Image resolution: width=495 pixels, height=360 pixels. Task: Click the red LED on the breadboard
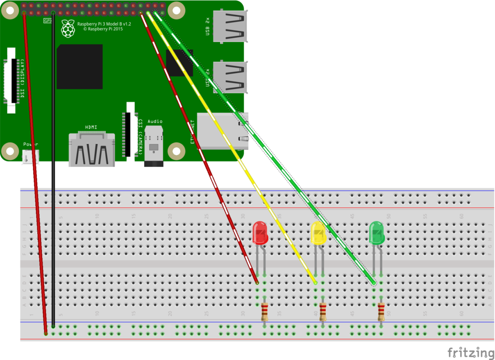(x=260, y=233)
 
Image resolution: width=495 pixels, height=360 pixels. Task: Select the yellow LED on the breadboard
(x=319, y=233)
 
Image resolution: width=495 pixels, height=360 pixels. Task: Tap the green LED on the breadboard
(x=377, y=233)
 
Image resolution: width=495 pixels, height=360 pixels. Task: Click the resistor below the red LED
(x=265, y=312)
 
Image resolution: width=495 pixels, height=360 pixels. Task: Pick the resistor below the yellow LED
(x=323, y=312)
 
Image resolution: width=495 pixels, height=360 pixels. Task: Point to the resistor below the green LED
(x=381, y=312)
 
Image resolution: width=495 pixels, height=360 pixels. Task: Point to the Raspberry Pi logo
(x=68, y=29)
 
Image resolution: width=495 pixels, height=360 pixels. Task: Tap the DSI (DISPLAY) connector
(x=12, y=80)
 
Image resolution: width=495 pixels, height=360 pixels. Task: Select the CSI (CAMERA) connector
(x=129, y=129)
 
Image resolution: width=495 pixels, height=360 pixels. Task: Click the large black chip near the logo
(x=80, y=67)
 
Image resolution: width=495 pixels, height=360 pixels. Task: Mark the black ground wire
(x=53, y=169)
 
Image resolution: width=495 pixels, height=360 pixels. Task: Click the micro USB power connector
(x=30, y=156)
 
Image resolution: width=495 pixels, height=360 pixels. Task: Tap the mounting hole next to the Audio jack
(x=176, y=151)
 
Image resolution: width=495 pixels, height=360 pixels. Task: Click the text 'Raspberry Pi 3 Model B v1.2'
(x=104, y=23)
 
